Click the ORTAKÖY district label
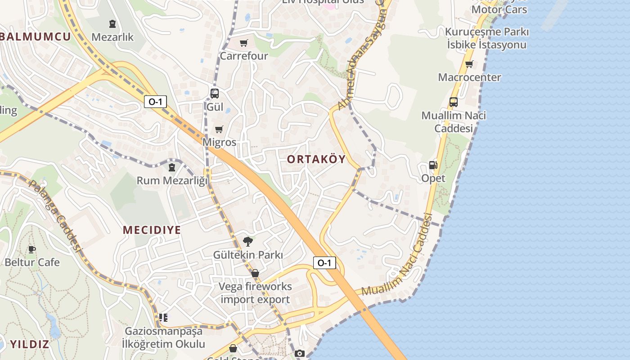point(316,159)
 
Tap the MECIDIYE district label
point(152,230)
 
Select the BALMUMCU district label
point(36,37)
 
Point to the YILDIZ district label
point(30,345)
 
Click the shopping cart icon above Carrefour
point(243,43)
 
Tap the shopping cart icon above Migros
point(219,130)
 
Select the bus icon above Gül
point(215,94)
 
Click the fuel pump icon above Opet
point(433,165)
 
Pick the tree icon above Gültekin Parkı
point(248,242)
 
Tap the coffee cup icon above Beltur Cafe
point(32,249)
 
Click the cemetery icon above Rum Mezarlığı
point(171,167)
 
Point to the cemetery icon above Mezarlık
point(112,24)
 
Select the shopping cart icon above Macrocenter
point(469,64)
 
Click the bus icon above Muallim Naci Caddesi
point(454,102)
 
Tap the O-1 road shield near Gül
point(155,102)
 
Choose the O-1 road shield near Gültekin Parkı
point(324,263)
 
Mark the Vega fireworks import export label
point(256,293)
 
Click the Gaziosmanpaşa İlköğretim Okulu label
point(164,338)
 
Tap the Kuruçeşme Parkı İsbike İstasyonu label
point(486,38)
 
